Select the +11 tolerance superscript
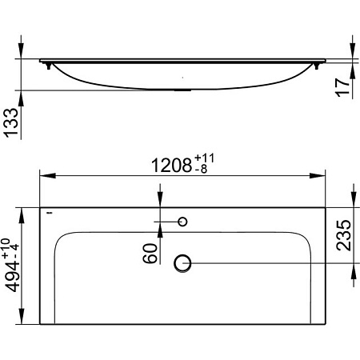click(204, 159)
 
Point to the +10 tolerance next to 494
click(10, 246)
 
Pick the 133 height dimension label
click(14, 124)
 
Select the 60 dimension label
click(149, 254)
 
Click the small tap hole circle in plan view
click(182, 220)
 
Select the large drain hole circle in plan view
click(182, 262)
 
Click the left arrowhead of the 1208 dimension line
click(45, 174)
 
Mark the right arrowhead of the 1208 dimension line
click(321, 174)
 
